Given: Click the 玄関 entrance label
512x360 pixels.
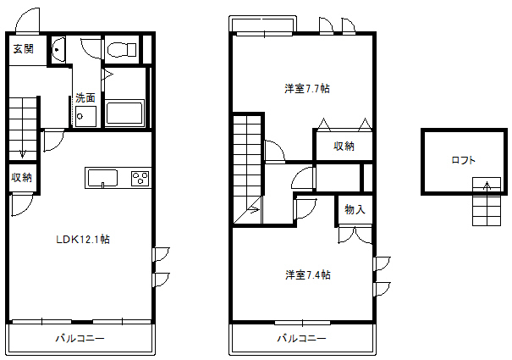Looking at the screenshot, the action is click(23, 49).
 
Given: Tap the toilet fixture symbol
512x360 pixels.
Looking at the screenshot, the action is click(122, 50).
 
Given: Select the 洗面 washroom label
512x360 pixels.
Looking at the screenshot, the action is click(85, 97).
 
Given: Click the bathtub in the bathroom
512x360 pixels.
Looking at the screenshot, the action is click(124, 113).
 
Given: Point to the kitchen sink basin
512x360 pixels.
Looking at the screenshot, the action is click(102, 178).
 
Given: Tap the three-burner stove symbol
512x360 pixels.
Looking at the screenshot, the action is click(140, 179).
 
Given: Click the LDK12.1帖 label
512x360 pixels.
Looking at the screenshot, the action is click(83, 240).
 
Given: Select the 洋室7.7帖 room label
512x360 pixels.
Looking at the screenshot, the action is click(307, 89).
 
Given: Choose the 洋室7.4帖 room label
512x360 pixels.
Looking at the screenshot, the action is click(307, 274).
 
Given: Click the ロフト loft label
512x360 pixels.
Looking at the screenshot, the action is click(463, 160).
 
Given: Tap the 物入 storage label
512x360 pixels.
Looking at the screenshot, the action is click(355, 209).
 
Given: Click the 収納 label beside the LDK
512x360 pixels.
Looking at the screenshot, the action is click(21, 178).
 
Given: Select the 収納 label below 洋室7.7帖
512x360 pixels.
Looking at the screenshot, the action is click(344, 146).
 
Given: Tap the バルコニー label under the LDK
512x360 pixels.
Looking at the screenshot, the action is click(80, 338).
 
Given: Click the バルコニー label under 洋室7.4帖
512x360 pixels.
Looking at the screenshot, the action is click(302, 338).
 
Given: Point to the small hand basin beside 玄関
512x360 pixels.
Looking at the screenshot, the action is click(58, 50).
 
